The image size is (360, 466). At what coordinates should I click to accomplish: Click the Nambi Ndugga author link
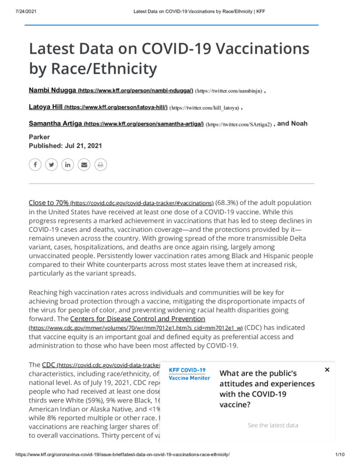click(53, 91)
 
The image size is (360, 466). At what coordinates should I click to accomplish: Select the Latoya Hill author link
click(46, 107)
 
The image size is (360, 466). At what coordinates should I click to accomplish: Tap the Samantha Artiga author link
click(56, 124)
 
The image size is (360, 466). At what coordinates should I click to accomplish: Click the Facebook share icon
click(35, 165)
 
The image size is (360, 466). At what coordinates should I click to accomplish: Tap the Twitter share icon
click(51, 165)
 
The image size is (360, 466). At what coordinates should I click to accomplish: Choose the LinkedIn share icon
click(68, 165)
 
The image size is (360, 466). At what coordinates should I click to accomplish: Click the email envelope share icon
click(84, 165)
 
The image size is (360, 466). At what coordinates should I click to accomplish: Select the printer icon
click(100, 165)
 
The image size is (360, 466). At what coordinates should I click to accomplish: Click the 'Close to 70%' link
click(48, 203)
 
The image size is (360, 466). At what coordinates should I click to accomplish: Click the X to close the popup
click(327, 369)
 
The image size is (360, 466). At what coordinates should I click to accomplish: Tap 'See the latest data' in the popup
click(273, 425)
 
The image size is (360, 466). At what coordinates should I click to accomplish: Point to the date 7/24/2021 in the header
click(26, 11)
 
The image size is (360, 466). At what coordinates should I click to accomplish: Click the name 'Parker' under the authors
click(39, 137)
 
